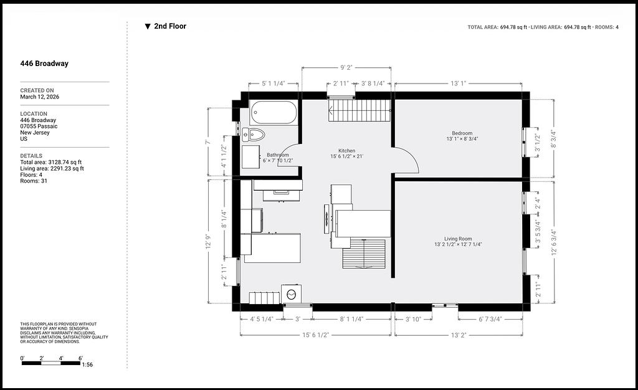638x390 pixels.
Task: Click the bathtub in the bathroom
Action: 274,112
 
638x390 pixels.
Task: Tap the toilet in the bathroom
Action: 253,134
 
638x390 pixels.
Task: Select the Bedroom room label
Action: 462,133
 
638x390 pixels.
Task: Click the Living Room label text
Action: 458,239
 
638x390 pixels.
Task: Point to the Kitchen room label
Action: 346,151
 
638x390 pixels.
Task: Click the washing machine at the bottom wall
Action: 292,293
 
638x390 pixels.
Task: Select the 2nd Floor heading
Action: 170,26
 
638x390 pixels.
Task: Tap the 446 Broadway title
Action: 44,64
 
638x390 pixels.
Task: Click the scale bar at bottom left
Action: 51,363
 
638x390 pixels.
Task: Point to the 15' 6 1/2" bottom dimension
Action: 315,335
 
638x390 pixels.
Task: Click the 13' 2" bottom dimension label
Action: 459,335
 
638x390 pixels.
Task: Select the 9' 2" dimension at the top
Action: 346,67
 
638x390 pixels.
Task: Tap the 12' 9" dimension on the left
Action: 208,241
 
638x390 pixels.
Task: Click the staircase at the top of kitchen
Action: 359,110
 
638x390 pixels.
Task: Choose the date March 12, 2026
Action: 39,97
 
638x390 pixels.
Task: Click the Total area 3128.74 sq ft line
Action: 51,162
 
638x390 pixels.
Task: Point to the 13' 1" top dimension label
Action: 458,83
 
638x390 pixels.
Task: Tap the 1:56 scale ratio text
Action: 87,365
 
